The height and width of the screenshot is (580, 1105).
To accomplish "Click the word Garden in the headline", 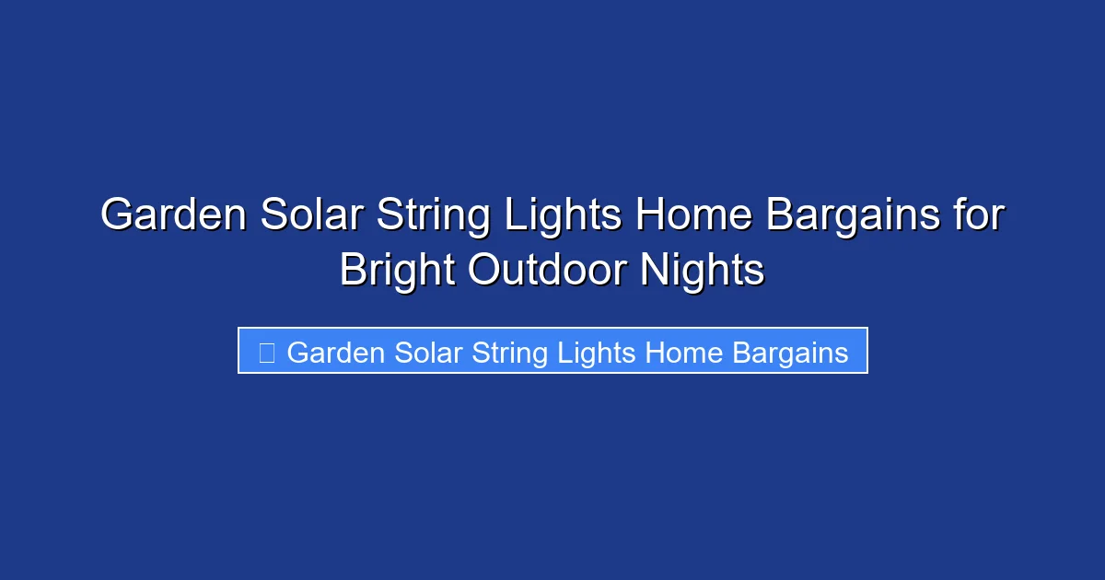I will click(x=173, y=216).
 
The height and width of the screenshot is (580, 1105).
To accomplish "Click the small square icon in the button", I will click(x=266, y=353).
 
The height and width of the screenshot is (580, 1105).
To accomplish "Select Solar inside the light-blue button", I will click(x=429, y=353).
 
